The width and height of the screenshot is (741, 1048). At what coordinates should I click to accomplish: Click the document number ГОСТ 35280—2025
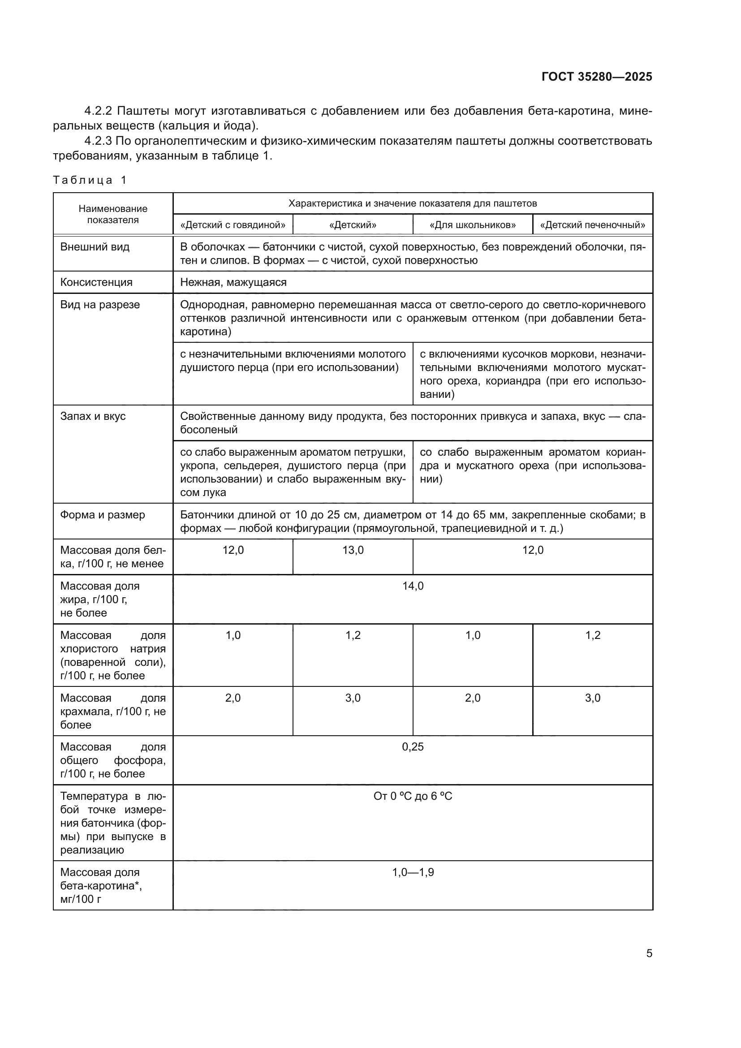click(597, 77)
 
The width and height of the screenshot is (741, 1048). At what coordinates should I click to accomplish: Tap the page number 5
click(649, 953)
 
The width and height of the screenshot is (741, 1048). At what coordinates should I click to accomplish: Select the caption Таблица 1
click(90, 180)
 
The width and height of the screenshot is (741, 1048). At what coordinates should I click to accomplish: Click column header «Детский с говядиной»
click(233, 225)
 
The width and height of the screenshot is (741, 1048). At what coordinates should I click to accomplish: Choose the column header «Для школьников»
click(473, 225)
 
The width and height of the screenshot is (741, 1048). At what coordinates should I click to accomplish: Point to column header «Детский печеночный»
click(593, 225)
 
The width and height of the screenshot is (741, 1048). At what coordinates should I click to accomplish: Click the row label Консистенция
click(96, 282)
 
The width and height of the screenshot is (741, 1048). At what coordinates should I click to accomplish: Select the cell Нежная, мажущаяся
click(233, 282)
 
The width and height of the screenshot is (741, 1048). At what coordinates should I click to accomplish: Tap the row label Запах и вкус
click(93, 416)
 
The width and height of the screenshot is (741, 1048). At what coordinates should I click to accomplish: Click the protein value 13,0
click(353, 551)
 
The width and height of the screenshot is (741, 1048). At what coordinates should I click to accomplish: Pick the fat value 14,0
click(413, 586)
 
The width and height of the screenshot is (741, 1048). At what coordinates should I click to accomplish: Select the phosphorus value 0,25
click(413, 747)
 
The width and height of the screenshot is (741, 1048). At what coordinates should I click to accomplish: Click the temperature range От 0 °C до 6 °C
click(413, 796)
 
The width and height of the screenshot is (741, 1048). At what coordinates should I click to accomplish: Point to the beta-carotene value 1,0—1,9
click(413, 872)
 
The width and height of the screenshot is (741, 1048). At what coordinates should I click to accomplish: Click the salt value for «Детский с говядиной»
click(233, 635)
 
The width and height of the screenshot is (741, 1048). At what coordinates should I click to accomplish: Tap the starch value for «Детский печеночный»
click(593, 698)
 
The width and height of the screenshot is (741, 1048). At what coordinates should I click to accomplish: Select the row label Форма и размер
click(103, 515)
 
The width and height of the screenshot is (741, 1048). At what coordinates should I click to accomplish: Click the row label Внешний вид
click(95, 247)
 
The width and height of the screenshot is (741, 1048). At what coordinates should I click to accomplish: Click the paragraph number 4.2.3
click(98, 141)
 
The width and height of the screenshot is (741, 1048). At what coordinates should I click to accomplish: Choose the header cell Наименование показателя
click(113, 214)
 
